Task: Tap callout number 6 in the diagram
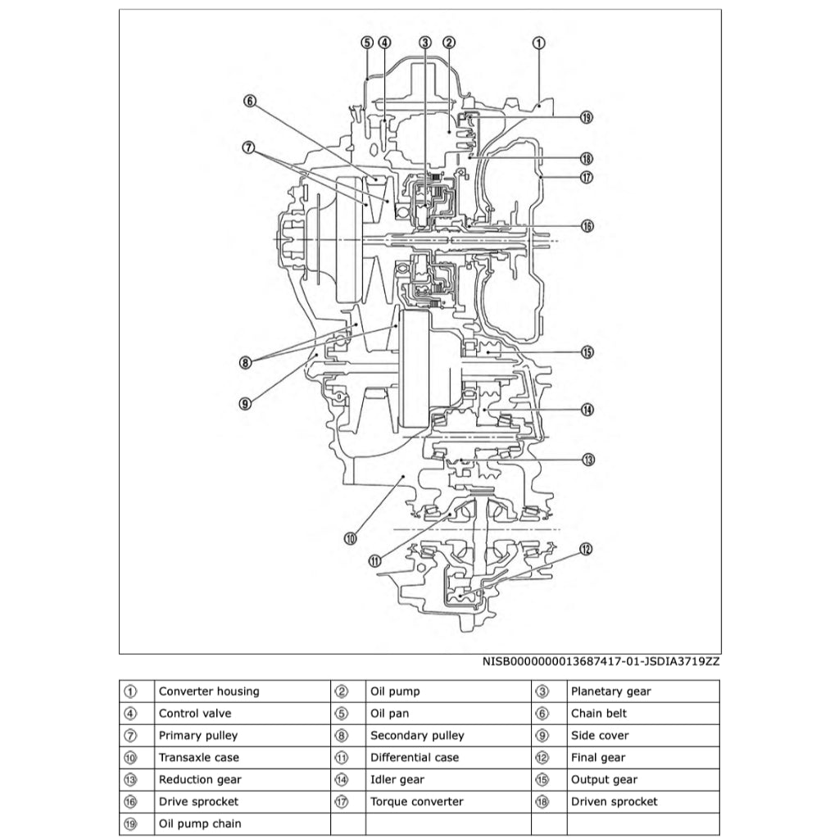click(250, 102)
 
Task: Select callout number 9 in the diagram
click(245, 402)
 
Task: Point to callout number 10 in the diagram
click(350, 538)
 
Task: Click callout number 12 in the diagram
click(585, 550)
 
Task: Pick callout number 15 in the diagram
click(587, 352)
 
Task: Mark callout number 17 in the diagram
click(587, 177)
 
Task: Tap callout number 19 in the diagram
click(586, 117)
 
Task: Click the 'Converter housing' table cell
click(208, 692)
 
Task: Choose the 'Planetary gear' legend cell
click(610, 692)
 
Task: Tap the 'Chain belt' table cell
click(598, 714)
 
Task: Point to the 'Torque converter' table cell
click(416, 802)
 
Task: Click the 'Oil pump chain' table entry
click(200, 823)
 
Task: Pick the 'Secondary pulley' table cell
click(416, 736)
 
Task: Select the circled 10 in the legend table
click(131, 758)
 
